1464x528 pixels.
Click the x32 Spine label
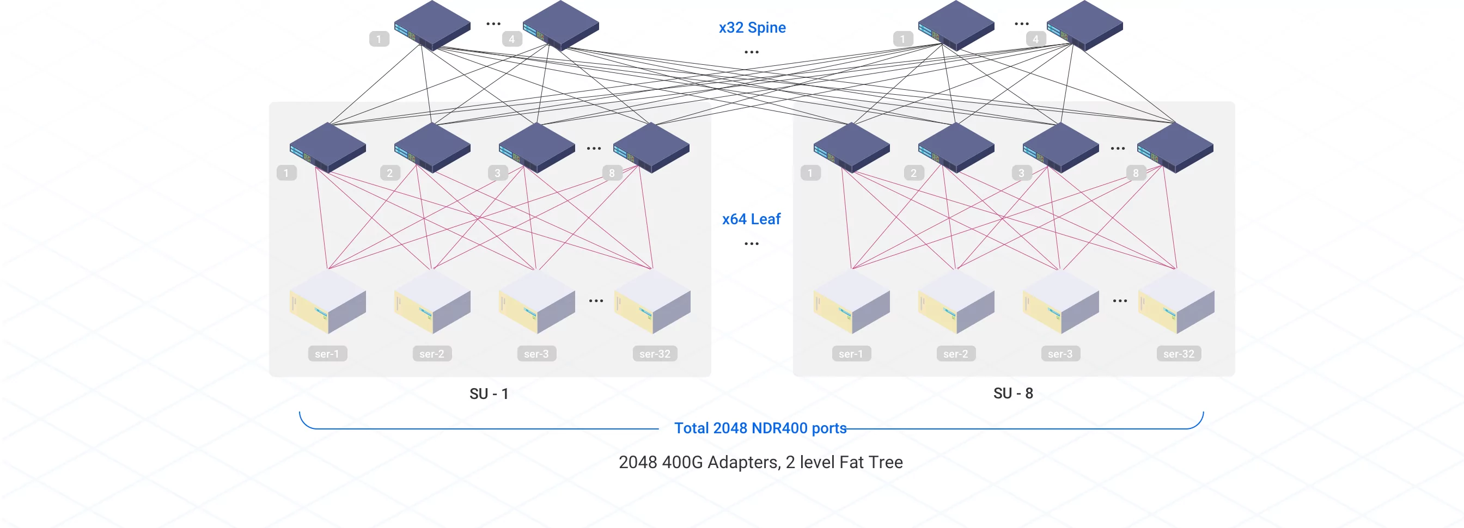tap(752, 27)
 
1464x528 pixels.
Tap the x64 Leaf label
tap(751, 219)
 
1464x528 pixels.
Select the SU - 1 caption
tap(489, 394)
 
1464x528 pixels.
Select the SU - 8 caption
tap(1012, 393)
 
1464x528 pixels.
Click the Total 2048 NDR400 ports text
tap(760, 428)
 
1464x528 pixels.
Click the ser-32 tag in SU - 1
tap(655, 354)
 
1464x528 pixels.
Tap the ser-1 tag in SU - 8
tap(851, 354)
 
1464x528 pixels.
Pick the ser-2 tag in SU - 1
tap(432, 354)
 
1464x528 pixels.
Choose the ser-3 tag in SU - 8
tap(1060, 354)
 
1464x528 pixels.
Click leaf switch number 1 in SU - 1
tap(328, 147)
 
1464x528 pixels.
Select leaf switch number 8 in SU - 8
tap(1175, 147)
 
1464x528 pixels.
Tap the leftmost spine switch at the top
tap(432, 25)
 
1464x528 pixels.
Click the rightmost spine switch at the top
tap(1084, 25)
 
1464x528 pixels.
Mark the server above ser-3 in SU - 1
tap(536, 302)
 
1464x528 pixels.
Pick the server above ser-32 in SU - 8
tap(1176, 302)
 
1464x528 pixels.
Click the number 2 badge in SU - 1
tap(390, 173)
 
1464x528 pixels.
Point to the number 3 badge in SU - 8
tap(1021, 173)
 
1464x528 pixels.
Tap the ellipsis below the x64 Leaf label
tap(751, 243)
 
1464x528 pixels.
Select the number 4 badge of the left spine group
tap(511, 39)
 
